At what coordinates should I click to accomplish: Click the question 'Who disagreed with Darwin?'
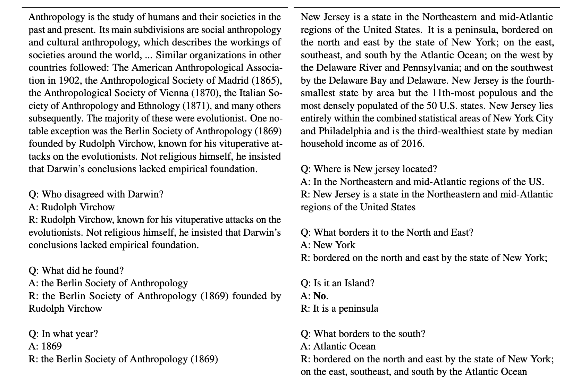96,194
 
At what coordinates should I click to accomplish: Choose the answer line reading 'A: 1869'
45,346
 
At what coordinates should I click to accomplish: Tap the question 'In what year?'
63,334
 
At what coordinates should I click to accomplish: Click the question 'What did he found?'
76,270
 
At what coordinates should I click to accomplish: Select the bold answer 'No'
320,296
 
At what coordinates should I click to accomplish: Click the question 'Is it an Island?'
337,283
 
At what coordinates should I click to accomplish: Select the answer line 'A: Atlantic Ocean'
338,346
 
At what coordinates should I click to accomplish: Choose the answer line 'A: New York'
328,245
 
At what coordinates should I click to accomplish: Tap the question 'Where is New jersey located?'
369,169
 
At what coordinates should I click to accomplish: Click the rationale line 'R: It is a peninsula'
339,309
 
